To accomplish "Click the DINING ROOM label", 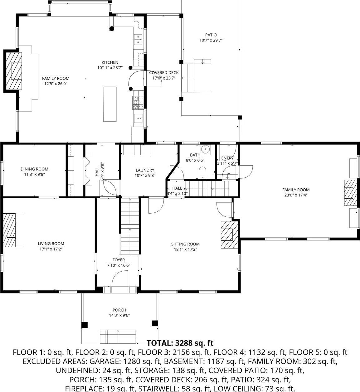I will click(34, 169).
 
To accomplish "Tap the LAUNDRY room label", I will click(145, 170).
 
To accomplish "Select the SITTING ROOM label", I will click(185, 244).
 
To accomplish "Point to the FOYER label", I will click(119, 260).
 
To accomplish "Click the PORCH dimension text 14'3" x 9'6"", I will click(119, 315).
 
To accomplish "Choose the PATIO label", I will click(211, 35).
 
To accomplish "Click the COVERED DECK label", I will click(164, 73).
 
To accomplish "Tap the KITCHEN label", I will click(110, 62).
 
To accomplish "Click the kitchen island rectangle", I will click(110, 104).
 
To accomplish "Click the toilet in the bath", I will click(202, 172).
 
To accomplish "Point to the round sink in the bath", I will click(206, 149).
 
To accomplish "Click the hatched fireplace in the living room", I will click(10, 230).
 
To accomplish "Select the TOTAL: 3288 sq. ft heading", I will click(180, 343).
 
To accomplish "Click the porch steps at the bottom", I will click(118, 336).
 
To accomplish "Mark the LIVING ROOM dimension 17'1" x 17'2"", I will click(51, 249).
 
